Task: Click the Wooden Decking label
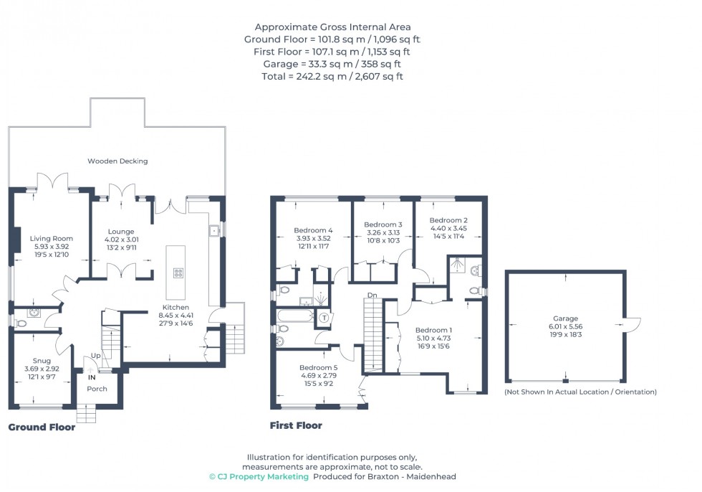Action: coord(117,161)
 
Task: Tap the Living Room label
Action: coord(51,239)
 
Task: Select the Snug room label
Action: coord(41,361)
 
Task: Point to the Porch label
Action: coord(97,389)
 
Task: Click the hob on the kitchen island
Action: coord(177,273)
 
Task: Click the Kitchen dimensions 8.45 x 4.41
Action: coord(174,316)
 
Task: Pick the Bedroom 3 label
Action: coord(383,224)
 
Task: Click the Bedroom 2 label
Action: coord(448,220)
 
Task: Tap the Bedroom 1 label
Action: coord(434,330)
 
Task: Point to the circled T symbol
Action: coord(324,318)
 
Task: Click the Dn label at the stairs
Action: coord(372,295)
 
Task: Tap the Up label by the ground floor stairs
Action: coord(95,356)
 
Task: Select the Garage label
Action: coord(564,319)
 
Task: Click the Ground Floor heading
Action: coord(42,427)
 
